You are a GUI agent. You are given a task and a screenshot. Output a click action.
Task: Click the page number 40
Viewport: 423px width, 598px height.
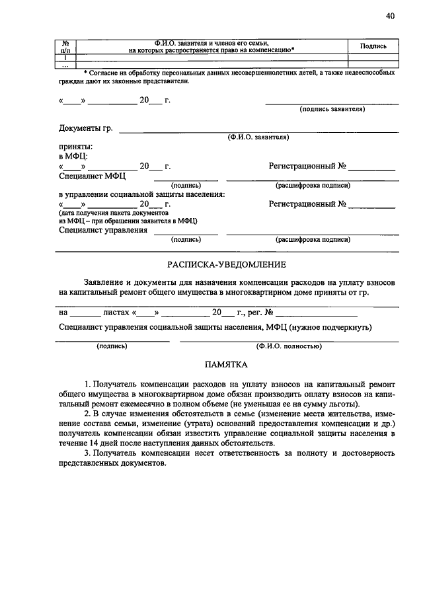390,17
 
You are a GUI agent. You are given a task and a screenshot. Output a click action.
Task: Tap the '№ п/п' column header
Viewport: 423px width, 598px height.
65,46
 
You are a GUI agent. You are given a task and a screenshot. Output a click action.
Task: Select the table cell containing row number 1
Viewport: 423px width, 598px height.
65,58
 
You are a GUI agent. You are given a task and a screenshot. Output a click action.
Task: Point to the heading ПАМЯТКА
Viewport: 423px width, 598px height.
226,364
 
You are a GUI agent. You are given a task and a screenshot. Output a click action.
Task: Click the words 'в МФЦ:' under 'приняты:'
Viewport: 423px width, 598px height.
73,156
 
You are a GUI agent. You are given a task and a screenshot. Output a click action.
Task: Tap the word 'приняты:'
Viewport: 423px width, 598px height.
76,146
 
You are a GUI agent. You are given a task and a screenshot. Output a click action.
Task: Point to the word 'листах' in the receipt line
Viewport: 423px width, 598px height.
116,312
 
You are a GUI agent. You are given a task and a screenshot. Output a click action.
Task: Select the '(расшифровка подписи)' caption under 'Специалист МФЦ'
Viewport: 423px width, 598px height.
313,186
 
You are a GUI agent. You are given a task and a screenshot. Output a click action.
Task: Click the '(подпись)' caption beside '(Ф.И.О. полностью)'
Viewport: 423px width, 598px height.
112,346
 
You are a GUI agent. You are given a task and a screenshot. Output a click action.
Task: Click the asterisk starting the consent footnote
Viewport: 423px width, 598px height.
86,71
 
